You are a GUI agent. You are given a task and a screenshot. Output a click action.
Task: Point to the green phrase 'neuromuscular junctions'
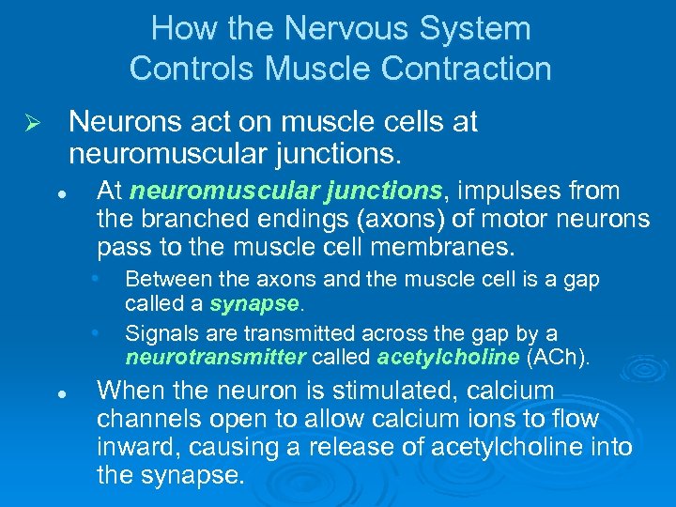coord(285,192)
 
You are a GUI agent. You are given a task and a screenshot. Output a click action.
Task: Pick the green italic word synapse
coord(253,304)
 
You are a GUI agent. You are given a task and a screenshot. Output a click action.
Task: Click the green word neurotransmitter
coord(215,357)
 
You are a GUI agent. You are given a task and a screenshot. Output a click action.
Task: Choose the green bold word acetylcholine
coord(448,357)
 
